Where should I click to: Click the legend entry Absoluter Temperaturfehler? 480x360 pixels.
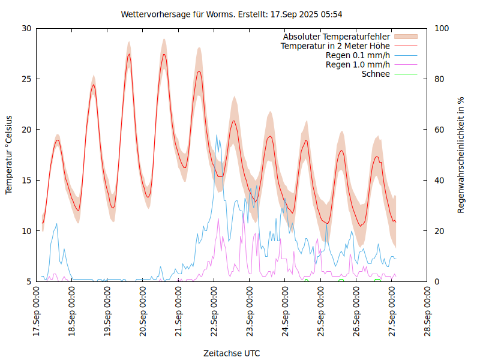coord(337,37)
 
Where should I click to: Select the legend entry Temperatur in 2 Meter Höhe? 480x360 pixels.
coord(335,46)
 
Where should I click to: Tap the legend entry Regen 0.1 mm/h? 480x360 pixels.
coord(358,56)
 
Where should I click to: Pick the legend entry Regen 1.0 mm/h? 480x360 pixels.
coord(358,65)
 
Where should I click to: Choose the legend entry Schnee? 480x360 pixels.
coord(376,74)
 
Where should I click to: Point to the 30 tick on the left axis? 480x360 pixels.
coord(26,28)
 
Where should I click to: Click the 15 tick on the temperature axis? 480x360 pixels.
coord(26,180)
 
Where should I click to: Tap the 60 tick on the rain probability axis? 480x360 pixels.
coord(439,130)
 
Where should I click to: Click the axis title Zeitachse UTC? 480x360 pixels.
coord(232,353)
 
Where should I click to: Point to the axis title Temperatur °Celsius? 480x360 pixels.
coord(9,154)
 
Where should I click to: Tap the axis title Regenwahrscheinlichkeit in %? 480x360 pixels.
coord(461,154)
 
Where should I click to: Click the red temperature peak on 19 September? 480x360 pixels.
coord(129,54)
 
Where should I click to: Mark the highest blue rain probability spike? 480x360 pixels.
coord(217,135)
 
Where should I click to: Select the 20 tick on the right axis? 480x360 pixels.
coord(439,231)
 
